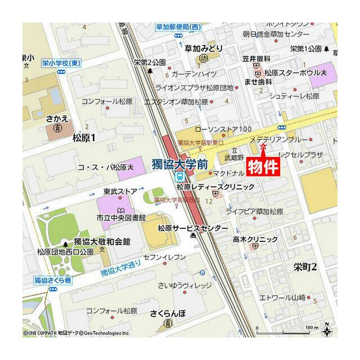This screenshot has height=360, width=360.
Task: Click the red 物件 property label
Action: pos(263,166)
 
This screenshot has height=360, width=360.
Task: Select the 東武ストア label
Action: pos(120,191)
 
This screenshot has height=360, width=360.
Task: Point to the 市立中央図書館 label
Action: pos(121,217)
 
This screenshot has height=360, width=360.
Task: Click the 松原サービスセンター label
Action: pos(192,228)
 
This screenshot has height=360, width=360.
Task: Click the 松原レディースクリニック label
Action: pos(215,186)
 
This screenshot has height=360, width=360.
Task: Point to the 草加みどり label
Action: pos(204,48)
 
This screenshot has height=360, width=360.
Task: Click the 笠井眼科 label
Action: pos(257,58)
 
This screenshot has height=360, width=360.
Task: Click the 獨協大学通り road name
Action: pos(120,270)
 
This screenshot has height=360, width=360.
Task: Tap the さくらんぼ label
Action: pos(168,312)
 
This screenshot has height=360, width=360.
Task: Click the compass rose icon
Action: pos(327,331)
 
